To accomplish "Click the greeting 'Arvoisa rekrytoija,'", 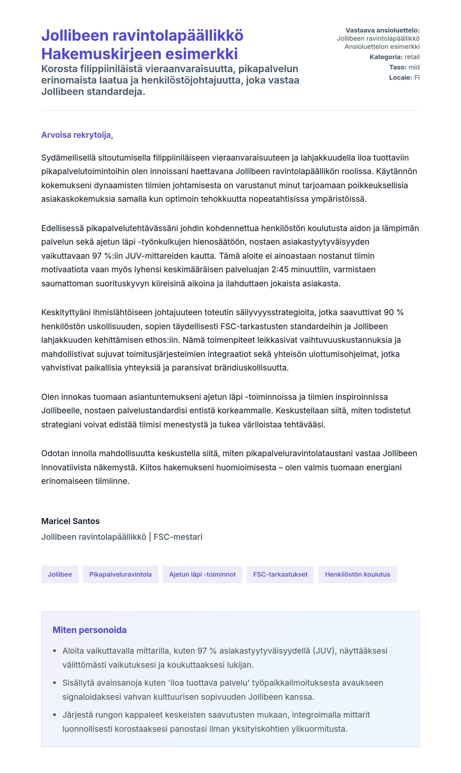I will tap(77, 135).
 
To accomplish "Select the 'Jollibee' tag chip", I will tap(60, 574).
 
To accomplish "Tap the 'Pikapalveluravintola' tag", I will tap(120, 574).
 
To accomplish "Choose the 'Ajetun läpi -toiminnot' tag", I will tap(202, 574).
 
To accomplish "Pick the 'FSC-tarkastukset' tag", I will tap(280, 574).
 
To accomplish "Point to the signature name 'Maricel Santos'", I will tap(70, 521).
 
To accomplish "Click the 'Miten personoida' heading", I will tap(89, 630).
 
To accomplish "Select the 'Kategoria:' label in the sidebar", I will tap(386, 57).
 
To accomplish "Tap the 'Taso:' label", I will tap(398, 67).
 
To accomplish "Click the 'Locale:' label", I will tap(401, 77).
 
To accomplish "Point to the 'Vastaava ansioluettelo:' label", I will tap(382, 30).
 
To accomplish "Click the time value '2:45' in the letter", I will tap(280, 269).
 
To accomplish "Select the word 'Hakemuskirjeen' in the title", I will tap(101, 54).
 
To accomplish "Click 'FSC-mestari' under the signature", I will tap(178, 536).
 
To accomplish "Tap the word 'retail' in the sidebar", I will tap(412, 57).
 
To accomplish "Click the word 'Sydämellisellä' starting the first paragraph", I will tap(68, 158).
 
